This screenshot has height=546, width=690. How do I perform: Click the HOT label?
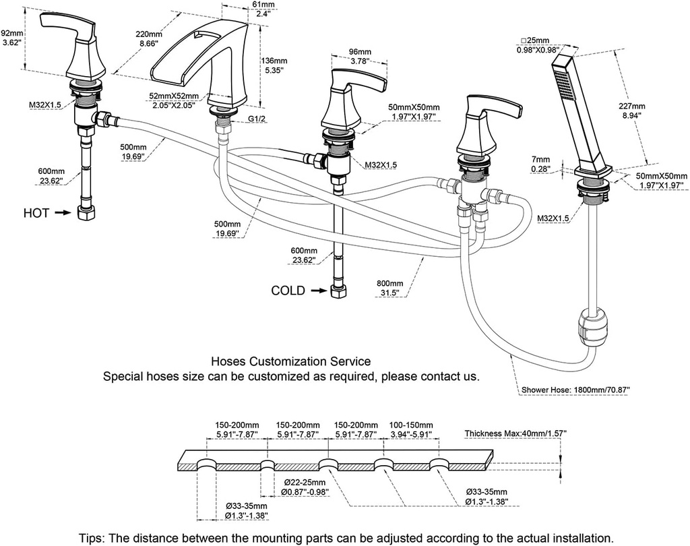36,213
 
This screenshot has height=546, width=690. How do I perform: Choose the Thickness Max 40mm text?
515,433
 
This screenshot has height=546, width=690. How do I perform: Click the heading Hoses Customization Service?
291,362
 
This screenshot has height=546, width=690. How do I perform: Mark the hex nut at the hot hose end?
87,214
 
